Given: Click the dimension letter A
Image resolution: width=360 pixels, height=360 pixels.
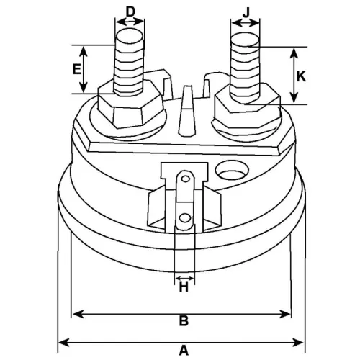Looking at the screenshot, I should click(x=184, y=351).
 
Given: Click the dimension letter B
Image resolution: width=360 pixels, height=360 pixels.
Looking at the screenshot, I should click(x=184, y=321).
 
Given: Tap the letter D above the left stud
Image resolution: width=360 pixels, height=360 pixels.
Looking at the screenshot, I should click(x=130, y=11).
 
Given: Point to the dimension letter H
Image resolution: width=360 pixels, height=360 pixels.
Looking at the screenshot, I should click(x=184, y=287).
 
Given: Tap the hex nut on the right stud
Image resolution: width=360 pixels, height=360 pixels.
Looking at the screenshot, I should click(x=246, y=109).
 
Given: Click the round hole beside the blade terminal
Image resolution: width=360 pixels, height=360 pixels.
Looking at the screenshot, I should click(x=232, y=174).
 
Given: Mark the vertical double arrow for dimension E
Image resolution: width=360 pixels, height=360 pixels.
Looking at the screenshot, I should click(x=85, y=69).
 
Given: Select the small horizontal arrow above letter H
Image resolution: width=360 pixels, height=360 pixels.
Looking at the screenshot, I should click(x=184, y=276).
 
